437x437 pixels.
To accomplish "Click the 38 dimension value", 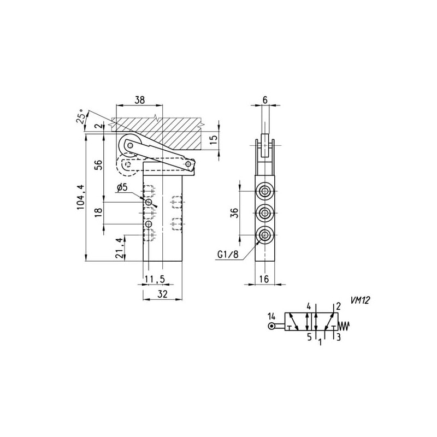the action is point(140,100).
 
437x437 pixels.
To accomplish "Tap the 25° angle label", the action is point(80,116).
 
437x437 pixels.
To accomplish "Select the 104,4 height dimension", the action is point(80,197).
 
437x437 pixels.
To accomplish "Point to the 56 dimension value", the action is point(99,165).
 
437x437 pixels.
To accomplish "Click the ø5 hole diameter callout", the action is point(122,187).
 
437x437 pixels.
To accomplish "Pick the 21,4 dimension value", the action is point(119,248).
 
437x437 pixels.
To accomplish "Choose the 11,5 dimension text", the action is point(155,279).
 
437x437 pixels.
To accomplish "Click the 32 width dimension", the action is point(162,294).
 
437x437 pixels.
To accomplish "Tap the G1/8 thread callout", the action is point(228,255).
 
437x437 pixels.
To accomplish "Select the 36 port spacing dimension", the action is point(235,213).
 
